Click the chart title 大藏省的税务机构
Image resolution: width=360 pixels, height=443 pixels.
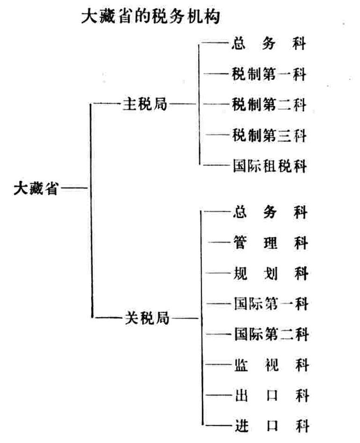point(151,17)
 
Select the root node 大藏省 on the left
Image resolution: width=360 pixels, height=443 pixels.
point(36,188)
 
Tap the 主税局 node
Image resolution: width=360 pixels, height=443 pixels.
point(145,104)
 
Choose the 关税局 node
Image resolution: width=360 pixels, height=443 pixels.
point(147,318)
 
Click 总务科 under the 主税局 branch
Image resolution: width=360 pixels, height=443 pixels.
point(269,44)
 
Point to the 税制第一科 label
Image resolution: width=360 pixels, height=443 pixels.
point(269,74)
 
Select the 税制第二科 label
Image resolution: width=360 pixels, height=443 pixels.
point(269,105)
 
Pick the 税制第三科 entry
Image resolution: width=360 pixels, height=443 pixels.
point(269,135)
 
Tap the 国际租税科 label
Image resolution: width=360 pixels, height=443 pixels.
point(270,165)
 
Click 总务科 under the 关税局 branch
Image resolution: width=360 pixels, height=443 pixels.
point(270,212)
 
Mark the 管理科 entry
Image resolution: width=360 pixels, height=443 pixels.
point(270,243)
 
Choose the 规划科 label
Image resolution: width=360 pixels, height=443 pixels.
point(271,273)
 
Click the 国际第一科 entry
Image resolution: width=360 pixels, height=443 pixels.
point(271,304)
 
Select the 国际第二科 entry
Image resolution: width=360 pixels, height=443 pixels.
point(271,334)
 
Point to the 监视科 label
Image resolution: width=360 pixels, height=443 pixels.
point(272,365)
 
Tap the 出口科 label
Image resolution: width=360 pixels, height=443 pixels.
point(272,395)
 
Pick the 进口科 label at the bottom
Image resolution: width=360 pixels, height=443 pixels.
point(272,426)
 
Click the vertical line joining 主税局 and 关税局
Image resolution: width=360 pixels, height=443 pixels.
point(91,210)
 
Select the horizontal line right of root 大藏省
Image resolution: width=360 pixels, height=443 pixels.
point(73,187)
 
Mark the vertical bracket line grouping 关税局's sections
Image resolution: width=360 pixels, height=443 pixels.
point(202,318)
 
